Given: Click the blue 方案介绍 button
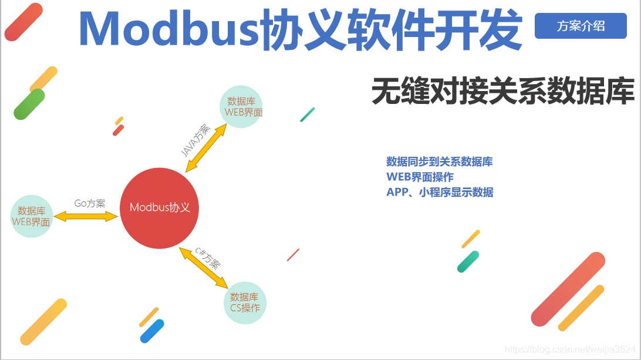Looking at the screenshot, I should click(x=581, y=26).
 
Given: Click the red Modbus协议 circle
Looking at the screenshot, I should click(x=160, y=208).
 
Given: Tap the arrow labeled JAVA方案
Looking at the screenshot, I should click(x=206, y=147).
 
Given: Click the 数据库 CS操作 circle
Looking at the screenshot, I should click(x=245, y=302).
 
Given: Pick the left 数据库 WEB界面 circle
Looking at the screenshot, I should click(x=32, y=216).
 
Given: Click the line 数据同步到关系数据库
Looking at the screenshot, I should click(x=439, y=162).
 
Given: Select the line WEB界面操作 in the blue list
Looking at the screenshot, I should click(x=420, y=177).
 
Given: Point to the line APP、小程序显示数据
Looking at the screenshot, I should click(x=440, y=192).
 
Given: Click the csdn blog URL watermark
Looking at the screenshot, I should click(x=569, y=349).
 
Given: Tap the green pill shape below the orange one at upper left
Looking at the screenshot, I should click(x=29, y=104).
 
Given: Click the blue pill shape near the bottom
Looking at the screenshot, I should click(x=152, y=331).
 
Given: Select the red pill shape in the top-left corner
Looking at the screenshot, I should click(x=23, y=22).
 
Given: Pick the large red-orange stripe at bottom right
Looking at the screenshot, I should click(x=568, y=289).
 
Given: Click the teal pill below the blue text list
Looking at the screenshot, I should click(x=468, y=261).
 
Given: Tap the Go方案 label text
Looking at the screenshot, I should click(x=90, y=204).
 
